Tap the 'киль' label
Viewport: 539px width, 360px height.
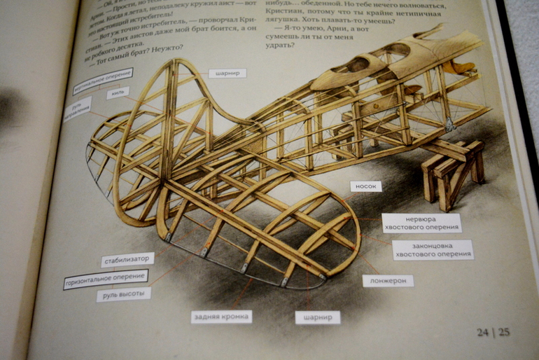click(117, 93)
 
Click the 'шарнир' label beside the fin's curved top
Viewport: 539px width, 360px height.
click(227, 73)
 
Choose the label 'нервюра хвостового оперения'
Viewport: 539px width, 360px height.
click(421, 223)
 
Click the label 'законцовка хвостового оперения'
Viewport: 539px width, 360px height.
click(432, 249)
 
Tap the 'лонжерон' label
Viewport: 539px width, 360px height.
click(387, 281)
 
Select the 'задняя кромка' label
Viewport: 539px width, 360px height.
click(221, 317)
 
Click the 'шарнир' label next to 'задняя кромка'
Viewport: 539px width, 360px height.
click(317, 317)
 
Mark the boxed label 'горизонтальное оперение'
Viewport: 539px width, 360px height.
click(106, 279)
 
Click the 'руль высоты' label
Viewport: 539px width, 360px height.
click(124, 294)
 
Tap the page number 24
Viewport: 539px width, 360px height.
click(483, 332)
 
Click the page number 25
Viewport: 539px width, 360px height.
click(503, 331)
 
